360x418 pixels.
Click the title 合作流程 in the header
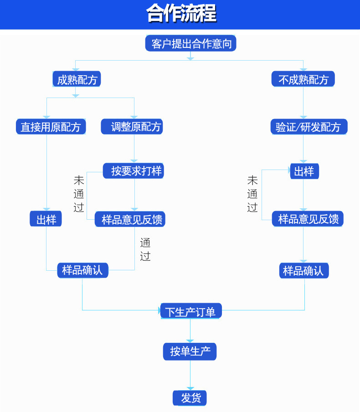(x=181, y=14)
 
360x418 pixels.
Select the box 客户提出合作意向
(x=190, y=43)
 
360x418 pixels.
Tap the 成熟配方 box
(x=76, y=80)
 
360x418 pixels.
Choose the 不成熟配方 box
(x=303, y=80)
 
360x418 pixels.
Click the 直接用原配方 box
(x=51, y=127)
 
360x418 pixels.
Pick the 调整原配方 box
(x=132, y=126)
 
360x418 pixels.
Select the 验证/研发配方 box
(x=309, y=127)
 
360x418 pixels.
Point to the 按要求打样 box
(x=133, y=171)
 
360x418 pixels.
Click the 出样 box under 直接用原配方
(x=46, y=219)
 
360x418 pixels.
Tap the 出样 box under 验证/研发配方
(x=304, y=171)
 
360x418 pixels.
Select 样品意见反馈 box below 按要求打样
(x=130, y=219)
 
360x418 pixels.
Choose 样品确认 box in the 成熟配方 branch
(x=82, y=270)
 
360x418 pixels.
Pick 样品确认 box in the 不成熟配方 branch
(x=303, y=271)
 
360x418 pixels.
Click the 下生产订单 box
(x=190, y=311)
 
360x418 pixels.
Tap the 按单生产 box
(x=190, y=351)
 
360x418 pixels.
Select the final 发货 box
(x=190, y=397)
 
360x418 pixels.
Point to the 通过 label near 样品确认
(x=145, y=249)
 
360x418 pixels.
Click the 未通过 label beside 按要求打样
(x=79, y=194)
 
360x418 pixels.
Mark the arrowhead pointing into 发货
(x=190, y=388)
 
